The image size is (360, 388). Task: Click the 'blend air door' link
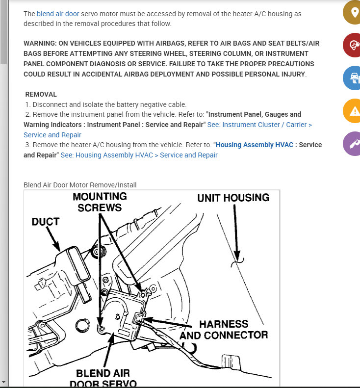coord(58,14)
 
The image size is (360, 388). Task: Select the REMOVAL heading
coord(41,94)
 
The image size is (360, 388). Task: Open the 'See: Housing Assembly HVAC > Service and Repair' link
coord(139,155)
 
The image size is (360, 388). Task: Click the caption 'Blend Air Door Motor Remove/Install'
coord(80,185)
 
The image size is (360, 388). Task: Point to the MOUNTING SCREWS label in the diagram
coord(100,202)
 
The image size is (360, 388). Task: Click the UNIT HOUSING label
coord(233,198)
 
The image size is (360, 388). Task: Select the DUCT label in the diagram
coord(46,222)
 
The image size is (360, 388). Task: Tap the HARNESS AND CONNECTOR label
coord(224,330)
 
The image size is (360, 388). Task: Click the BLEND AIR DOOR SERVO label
coord(106,378)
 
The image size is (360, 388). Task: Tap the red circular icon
coord(353,45)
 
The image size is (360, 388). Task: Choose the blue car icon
coord(353,78)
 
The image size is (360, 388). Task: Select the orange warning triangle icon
coord(353,111)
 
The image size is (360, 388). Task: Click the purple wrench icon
coord(353,144)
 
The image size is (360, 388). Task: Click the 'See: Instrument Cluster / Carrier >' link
coord(259,125)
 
